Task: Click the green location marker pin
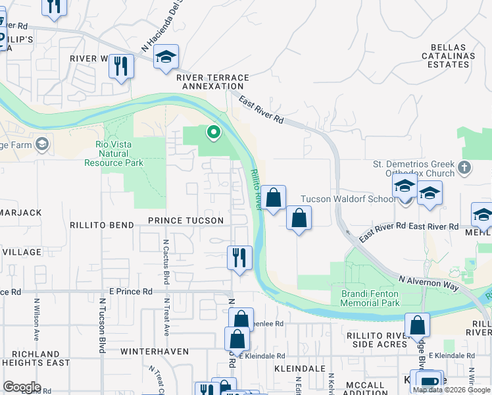pyautogui.click(x=213, y=133)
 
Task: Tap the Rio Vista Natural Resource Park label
pyautogui.click(x=114, y=154)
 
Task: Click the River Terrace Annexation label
pyautogui.click(x=212, y=82)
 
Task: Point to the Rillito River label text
pyautogui.click(x=255, y=191)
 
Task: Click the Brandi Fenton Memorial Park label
pyautogui.click(x=371, y=298)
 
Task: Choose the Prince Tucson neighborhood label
pyautogui.click(x=185, y=221)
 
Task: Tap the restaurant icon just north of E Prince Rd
pyautogui.click(x=239, y=257)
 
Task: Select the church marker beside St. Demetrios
pyautogui.click(x=464, y=167)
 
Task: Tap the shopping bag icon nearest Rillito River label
pyautogui.click(x=273, y=197)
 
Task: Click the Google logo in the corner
pyautogui.click(x=21, y=387)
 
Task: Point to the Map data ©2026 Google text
pyautogui.click(x=451, y=389)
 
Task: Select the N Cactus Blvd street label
pyautogui.click(x=166, y=261)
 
